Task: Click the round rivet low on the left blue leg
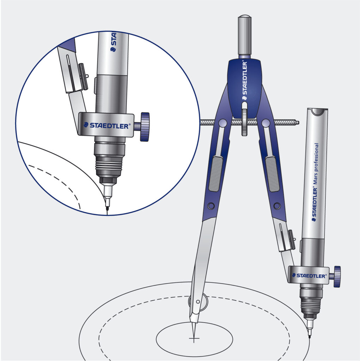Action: [x=211, y=206]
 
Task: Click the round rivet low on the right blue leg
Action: [x=277, y=206]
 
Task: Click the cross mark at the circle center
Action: [x=194, y=339]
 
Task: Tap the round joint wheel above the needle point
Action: [x=197, y=302]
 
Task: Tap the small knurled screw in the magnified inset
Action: [x=84, y=76]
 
